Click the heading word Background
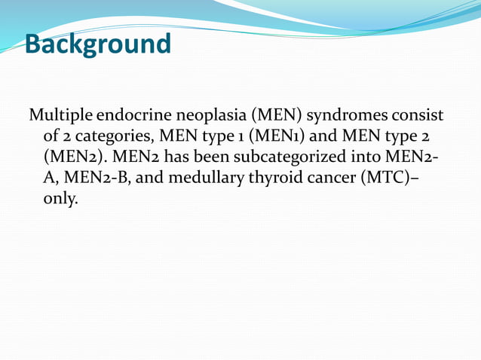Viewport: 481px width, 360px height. [x=98, y=44]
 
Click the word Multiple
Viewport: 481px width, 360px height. [x=61, y=117]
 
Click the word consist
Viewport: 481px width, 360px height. [x=419, y=117]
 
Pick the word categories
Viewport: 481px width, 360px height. [x=106, y=138]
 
